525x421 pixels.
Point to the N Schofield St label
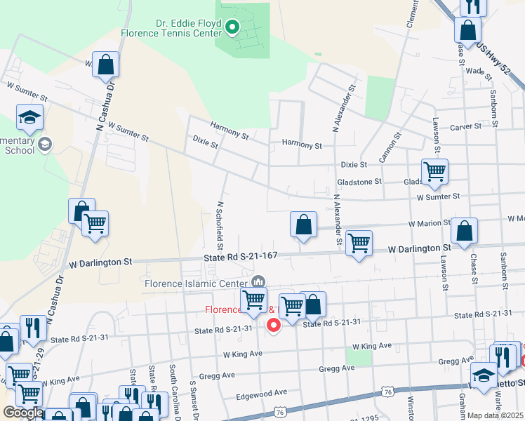click(220, 225)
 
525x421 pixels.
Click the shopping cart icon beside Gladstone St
click(434, 171)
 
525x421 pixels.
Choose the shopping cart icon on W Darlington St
click(359, 243)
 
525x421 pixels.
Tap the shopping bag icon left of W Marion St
click(304, 225)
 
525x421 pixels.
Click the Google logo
click(22, 413)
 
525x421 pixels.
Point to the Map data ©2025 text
click(495, 415)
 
